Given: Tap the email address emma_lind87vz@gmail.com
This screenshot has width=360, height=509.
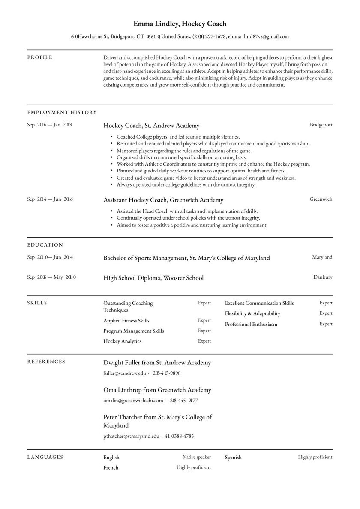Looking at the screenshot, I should tap(258, 37).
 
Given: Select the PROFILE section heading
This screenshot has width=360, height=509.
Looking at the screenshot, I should tap(39, 57).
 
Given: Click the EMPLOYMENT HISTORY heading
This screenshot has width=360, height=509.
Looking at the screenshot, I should tap(62, 113).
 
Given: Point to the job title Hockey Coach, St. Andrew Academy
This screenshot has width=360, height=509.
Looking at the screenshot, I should tap(151, 126).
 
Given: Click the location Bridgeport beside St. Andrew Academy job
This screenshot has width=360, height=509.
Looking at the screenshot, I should tap(321, 125).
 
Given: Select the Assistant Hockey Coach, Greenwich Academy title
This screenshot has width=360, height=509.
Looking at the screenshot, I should tap(163, 200).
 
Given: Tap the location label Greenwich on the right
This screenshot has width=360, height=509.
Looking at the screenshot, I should tap(321, 199).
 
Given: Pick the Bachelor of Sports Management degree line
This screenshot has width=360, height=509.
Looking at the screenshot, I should tap(186, 258).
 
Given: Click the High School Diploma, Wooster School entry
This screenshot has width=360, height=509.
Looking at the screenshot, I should tap(153, 278).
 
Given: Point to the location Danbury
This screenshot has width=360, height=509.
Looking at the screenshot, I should tap(322, 277).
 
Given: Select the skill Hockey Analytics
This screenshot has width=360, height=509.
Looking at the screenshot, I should tap(122, 341).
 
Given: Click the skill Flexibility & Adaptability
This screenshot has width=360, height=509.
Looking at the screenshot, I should tap(252, 313).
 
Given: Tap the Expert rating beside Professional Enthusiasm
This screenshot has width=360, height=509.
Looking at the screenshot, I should tap(326, 324).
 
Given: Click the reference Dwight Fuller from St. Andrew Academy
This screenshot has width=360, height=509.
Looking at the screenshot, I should tap(157, 363).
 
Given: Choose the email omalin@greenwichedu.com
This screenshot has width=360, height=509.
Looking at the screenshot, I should tap(133, 401).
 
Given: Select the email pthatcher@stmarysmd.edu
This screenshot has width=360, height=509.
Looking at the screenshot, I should tap(131, 436).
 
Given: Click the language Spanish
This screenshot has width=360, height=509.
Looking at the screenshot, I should tap(233, 458).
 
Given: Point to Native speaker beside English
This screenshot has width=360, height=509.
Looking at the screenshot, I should tap(196, 457).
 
